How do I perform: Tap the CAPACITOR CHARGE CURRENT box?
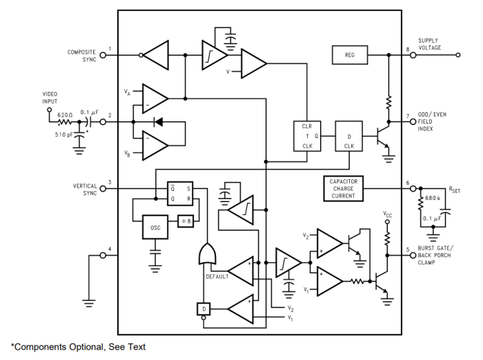pos(342,187)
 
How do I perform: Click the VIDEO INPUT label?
pos(50,97)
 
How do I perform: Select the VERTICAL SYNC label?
pos(84,190)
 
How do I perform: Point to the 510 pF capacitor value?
pos(66,134)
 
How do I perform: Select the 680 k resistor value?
pos(433,199)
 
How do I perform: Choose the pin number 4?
pos(109,248)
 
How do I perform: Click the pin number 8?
pos(407,48)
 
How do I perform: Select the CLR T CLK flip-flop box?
pos(307,136)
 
